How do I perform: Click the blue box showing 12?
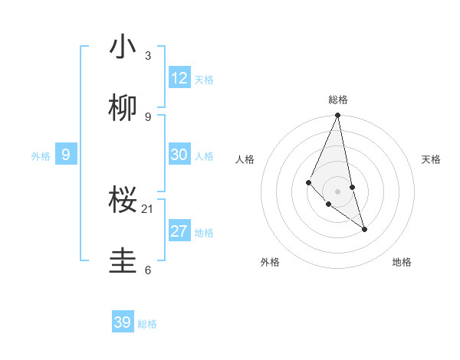[x=179, y=78]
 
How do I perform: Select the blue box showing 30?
[x=179, y=155]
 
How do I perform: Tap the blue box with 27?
[x=179, y=231]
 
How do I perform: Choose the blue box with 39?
[x=123, y=322]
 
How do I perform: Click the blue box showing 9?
[x=66, y=155]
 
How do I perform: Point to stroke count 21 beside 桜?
[x=148, y=208]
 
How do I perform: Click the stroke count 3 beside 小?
[x=148, y=55]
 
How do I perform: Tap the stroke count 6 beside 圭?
[x=148, y=270]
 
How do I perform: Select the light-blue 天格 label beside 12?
[x=204, y=79]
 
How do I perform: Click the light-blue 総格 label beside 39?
[x=147, y=324]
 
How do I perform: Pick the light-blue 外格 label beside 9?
[x=41, y=156]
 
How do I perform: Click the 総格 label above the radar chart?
[x=338, y=99]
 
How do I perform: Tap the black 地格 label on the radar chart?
[x=402, y=262]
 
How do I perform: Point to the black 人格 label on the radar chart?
[x=245, y=159]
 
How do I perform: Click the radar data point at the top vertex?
[x=337, y=116]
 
